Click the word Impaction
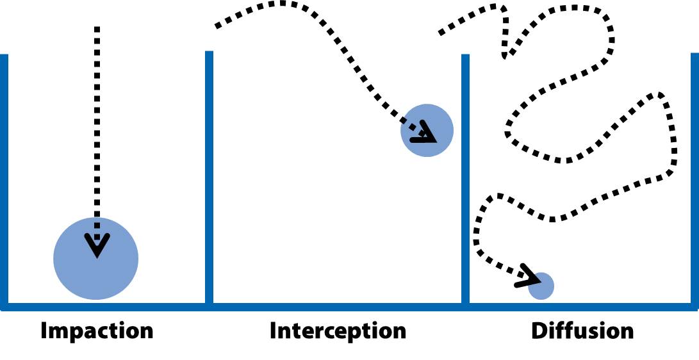pos(97,331)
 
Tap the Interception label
pos(338,331)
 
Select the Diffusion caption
pos(582,331)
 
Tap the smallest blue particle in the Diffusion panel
pos(542,286)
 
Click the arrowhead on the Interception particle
pos(424,135)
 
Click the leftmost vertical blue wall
pos(4,179)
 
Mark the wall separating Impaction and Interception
pos(209,179)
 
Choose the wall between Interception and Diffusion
pos(465,179)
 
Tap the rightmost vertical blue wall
pos(695,179)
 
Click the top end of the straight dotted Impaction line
pos(97,29)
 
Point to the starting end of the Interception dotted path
pos(217,27)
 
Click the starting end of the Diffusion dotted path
pos(441,33)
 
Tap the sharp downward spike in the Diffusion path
pos(505,56)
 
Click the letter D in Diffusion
pos(539,331)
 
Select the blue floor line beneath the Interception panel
pos(338,307)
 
